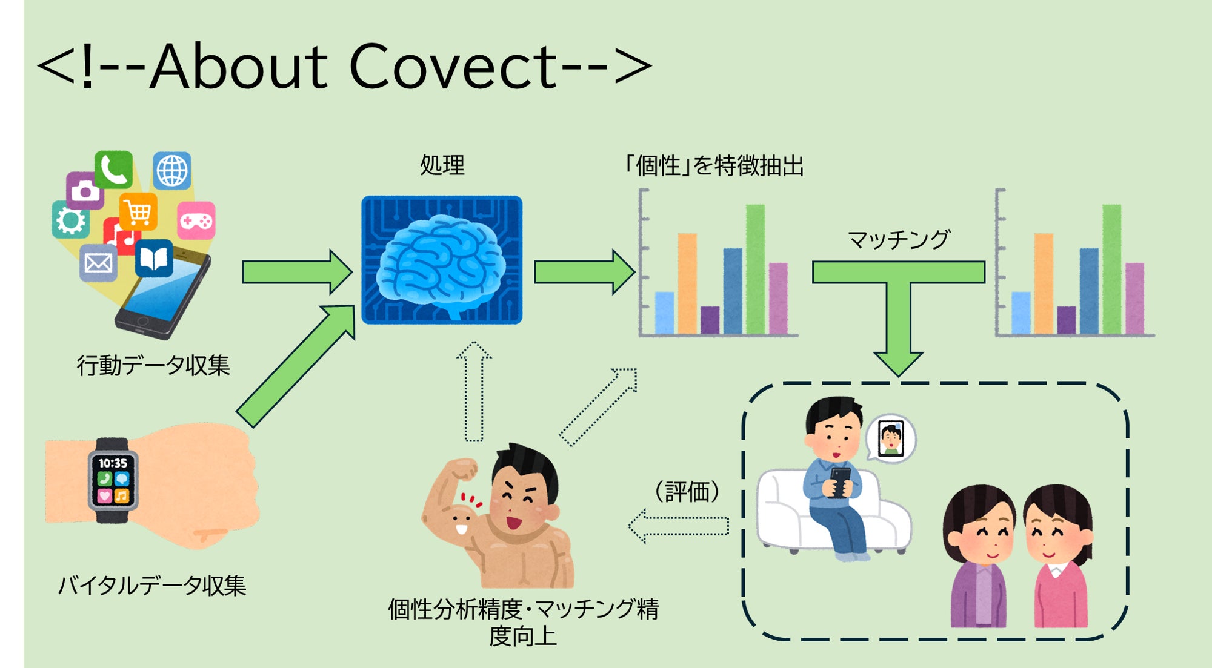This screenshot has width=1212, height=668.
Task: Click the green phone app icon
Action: coord(113,169)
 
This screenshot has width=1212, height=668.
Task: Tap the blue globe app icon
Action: coord(172,171)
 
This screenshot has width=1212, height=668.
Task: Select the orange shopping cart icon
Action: coord(139,212)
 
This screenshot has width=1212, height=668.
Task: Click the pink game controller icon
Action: coord(196,220)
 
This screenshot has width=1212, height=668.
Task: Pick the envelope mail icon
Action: coord(98,263)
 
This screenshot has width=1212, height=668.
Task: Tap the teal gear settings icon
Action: coord(70,220)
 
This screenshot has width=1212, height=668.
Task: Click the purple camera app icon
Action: coord(85,191)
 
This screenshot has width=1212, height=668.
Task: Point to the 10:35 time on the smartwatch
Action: coord(113,463)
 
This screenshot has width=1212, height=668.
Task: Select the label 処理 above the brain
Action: coord(442,165)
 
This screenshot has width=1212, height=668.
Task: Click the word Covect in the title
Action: coord(453,66)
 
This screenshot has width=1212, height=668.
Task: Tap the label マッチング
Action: coord(899,240)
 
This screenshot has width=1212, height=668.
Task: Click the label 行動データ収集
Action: coord(153,365)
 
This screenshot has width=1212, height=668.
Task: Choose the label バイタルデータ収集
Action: coord(152,586)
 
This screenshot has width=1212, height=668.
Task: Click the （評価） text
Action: coord(687,491)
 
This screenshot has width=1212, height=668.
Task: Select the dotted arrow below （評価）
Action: coord(679,526)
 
